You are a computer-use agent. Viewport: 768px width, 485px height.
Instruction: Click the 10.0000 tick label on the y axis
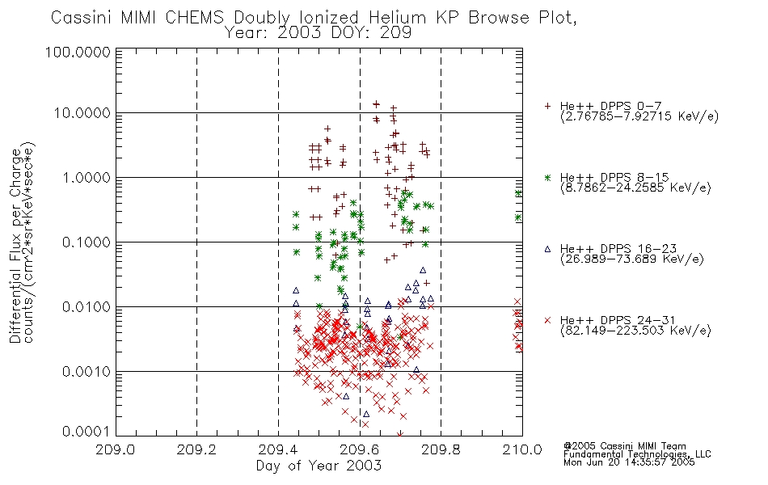pyautogui.click(x=82, y=113)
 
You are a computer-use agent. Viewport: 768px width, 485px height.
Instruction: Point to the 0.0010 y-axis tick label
pyautogui.click(x=87, y=372)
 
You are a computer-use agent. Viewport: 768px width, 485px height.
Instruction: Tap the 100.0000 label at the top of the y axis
pyautogui.click(x=78, y=52)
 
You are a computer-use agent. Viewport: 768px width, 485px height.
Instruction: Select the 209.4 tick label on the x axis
pyautogui.click(x=278, y=449)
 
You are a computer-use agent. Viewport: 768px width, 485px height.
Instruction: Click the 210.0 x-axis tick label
pyautogui.click(x=522, y=449)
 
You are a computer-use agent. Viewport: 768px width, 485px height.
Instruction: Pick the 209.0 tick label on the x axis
pyautogui.click(x=116, y=449)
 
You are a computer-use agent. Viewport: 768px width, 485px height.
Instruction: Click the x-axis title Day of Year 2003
pyautogui.click(x=319, y=466)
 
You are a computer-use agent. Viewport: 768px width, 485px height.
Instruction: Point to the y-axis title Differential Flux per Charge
pyautogui.click(x=15, y=246)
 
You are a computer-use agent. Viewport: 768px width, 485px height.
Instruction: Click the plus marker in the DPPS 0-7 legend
pyautogui.click(x=547, y=106)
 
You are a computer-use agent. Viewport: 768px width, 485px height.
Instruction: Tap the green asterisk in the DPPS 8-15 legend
pyautogui.click(x=547, y=177)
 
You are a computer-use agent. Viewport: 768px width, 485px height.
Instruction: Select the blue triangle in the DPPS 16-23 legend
pyautogui.click(x=547, y=249)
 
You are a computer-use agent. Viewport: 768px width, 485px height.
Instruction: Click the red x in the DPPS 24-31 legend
pyautogui.click(x=547, y=320)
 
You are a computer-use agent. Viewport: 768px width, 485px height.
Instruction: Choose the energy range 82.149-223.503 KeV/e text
pyautogui.click(x=635, y=331)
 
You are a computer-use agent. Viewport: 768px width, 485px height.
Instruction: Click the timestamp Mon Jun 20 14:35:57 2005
pyautogui.click(x=629, y=462)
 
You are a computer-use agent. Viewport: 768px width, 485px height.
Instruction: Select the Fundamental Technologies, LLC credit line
pyautogui.click(x=637, y=454)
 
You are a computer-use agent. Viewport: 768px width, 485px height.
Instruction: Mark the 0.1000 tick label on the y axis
pyautogui.click(x=87, y=242)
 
